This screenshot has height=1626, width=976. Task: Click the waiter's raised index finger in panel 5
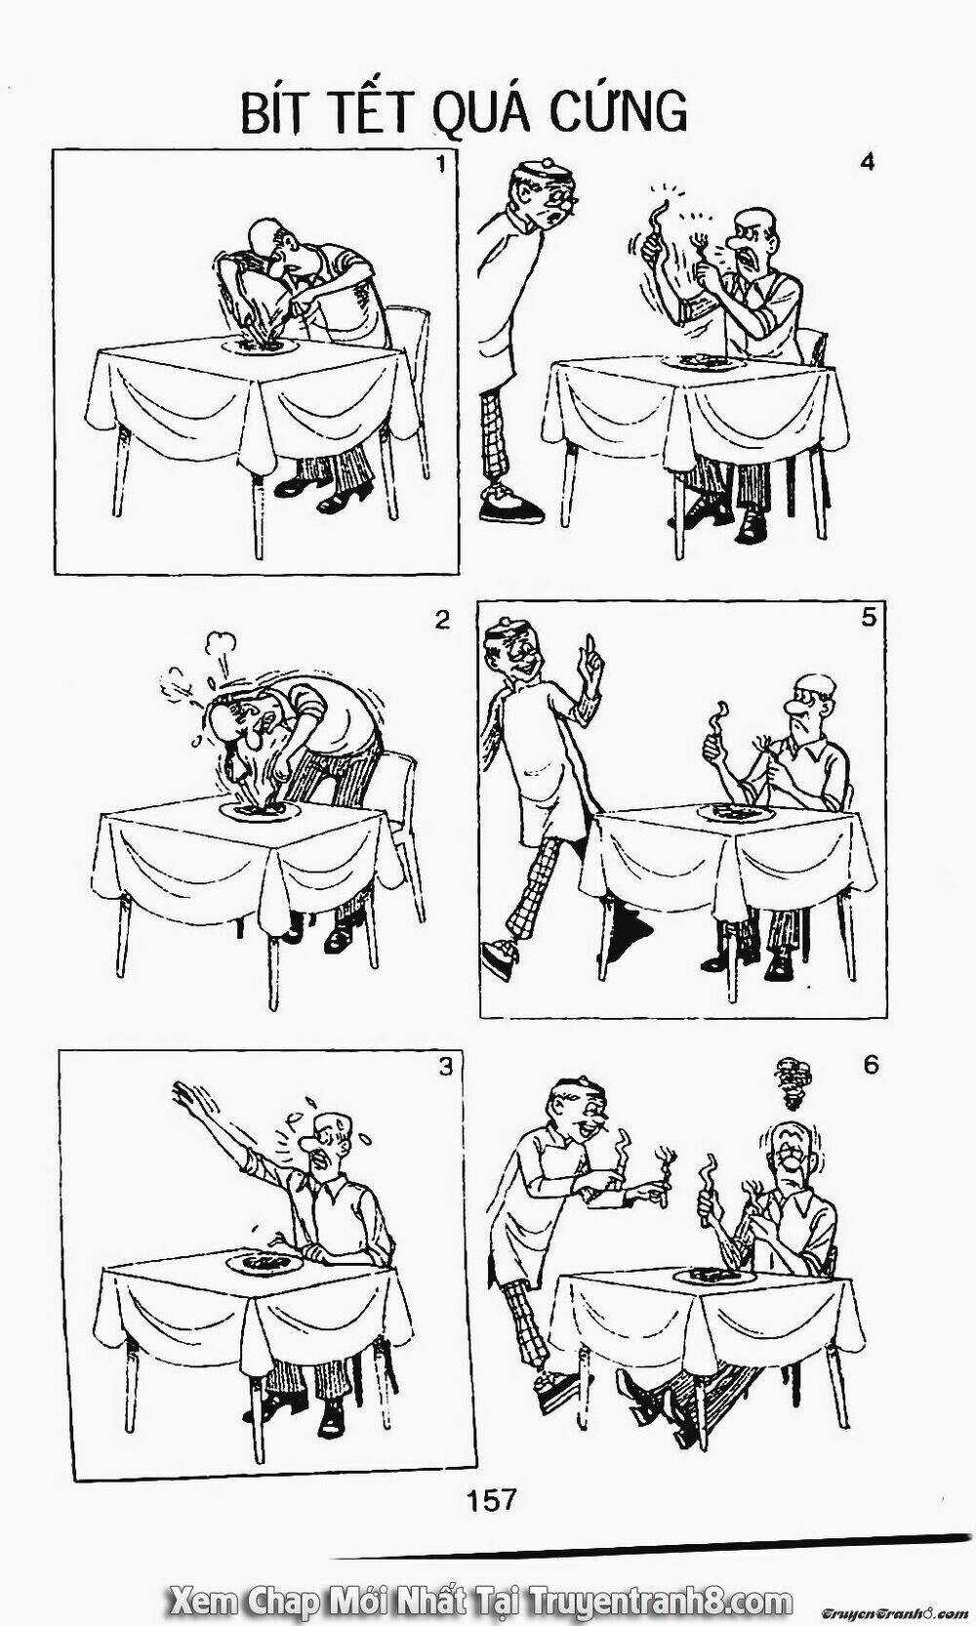(592, 650)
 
